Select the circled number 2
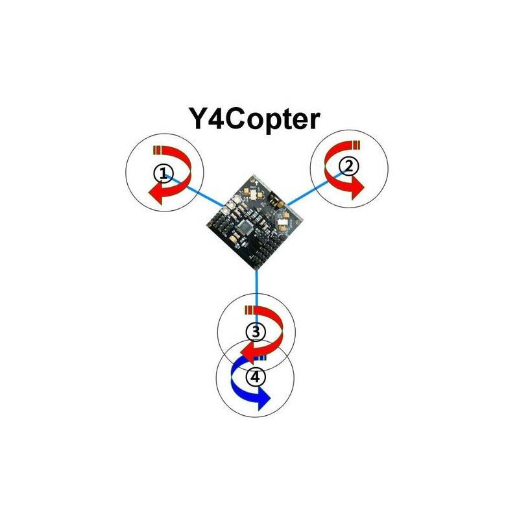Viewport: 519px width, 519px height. [349, 167]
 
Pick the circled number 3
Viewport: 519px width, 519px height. [256, 331]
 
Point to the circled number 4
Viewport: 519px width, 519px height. [256, 377]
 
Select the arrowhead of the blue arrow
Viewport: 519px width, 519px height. [264, 398]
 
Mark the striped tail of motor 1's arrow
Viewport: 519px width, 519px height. [157, 150]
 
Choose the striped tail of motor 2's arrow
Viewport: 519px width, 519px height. [356, 145]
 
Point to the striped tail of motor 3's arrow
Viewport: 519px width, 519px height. [248, 311]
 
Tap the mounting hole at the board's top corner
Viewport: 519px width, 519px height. [254, 180]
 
